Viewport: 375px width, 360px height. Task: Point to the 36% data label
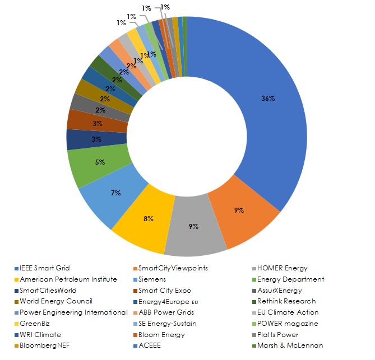[268, 99]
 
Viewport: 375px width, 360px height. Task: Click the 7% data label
[116, 193]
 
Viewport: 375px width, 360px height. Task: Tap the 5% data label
[99, 162]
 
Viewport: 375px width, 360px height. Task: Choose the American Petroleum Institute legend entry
[68, 279]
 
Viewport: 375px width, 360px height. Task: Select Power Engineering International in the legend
[74, 312]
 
